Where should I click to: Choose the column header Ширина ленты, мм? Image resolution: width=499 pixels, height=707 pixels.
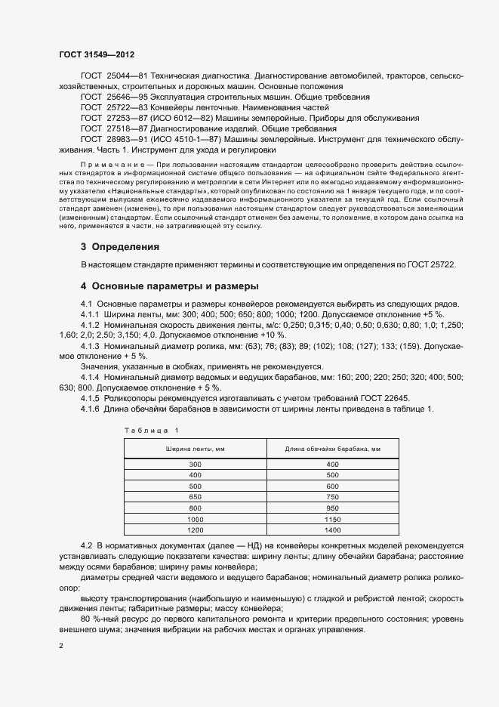196,449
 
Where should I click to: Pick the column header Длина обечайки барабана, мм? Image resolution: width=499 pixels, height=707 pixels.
331,449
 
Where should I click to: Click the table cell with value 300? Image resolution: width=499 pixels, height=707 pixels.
196,464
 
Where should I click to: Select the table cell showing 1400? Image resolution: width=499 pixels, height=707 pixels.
331,530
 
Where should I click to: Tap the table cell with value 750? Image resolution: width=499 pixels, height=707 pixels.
331,497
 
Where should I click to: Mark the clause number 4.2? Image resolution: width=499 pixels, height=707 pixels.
85,545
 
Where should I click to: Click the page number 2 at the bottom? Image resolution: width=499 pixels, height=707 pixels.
61,647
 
